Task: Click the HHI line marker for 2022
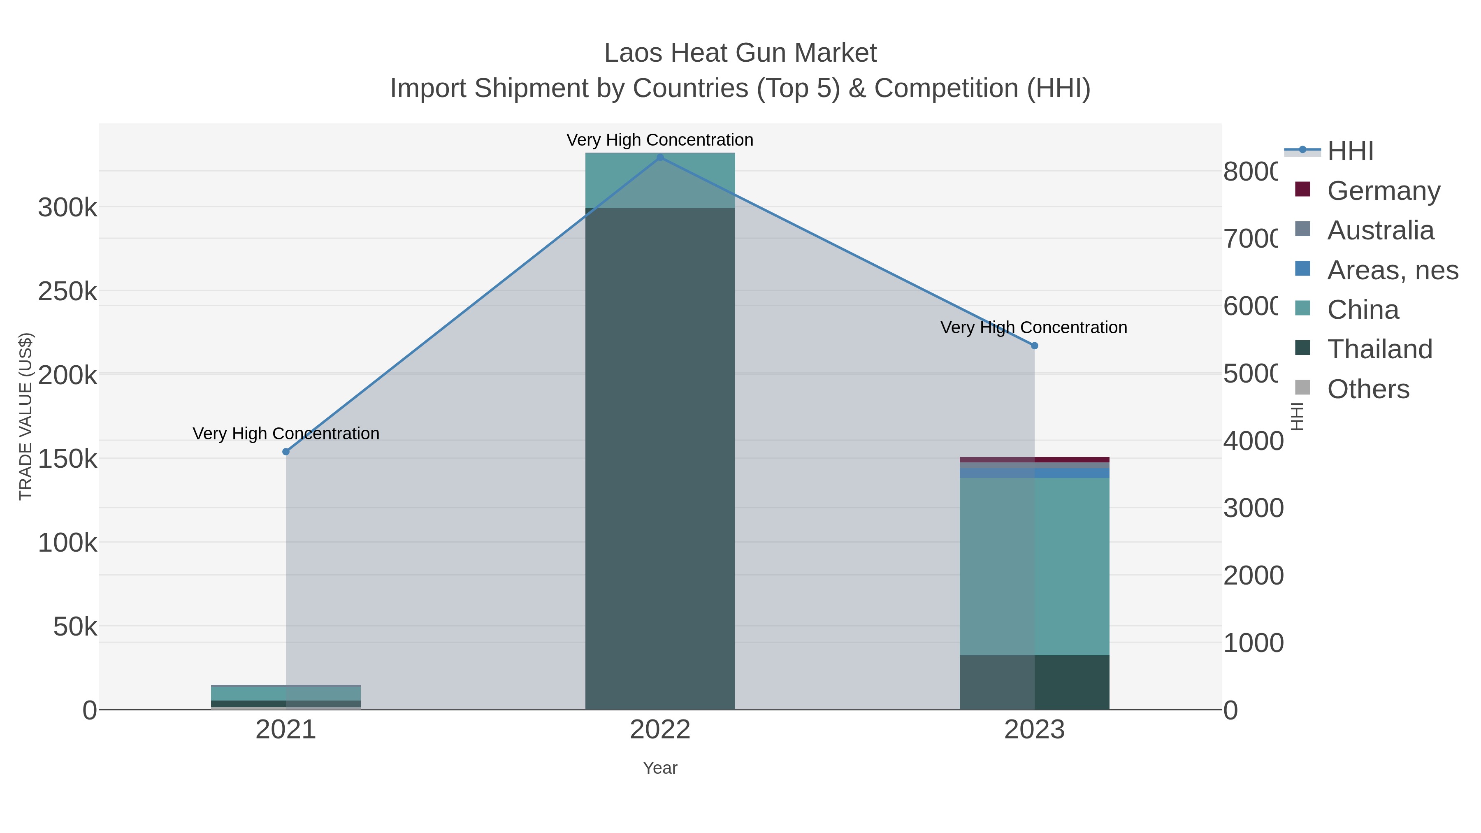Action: point(660,158)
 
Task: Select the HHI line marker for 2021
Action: point(286,452)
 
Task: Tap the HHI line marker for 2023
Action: point(1034,346)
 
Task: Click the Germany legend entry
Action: point(1383,191)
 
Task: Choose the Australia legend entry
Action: point(1380,230)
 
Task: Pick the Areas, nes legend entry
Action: point(1392,270)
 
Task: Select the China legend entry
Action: point(1363,310)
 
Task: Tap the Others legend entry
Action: point(1368,389)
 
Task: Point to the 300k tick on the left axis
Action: point(68,208)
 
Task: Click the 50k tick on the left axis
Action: point(75,626)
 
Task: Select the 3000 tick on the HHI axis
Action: point(1253,508)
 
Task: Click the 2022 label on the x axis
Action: point(660,730)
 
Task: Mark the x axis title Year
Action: point(660,768)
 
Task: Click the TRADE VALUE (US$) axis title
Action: point(26,416)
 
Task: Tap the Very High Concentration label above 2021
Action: point(286,434)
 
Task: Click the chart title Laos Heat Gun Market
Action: point(740,53)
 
